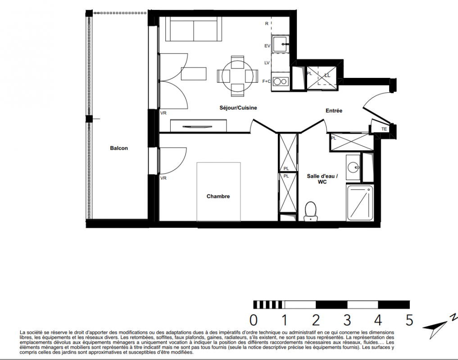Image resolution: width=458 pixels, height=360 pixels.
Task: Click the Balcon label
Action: coord(119,148)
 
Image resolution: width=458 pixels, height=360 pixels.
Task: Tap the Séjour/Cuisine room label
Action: coord(238,108)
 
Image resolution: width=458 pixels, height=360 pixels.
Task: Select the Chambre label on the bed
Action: coord(218,196)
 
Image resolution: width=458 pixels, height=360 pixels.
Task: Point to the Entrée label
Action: coord(334,111)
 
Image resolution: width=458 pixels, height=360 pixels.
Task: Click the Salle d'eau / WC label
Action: coord(322,179)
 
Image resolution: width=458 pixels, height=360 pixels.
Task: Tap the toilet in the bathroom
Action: coord(310,211)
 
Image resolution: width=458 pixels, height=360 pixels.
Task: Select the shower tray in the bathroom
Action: coord(360,203)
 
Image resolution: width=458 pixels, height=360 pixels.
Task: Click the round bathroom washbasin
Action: coord(354,167)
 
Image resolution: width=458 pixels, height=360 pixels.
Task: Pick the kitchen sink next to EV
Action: coord(280,44)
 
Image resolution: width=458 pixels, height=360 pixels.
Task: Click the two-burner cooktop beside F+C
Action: coord(280,81)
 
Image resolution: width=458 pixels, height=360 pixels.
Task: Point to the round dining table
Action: coord(237,76)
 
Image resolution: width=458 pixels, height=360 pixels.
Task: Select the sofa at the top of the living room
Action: coord(193,29)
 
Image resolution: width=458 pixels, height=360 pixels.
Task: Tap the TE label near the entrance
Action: coord(384,129)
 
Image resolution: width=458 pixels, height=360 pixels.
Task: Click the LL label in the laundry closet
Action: coord(327,76)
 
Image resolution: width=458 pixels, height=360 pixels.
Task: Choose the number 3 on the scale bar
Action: coord(347,320)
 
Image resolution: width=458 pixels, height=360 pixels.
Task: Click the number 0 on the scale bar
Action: coord(254,320)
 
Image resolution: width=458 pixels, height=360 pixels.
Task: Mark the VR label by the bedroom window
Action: coord(163,178)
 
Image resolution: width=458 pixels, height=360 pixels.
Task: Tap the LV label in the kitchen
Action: coord(267,63)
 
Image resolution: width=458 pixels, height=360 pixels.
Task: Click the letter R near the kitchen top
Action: coord(267,24)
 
